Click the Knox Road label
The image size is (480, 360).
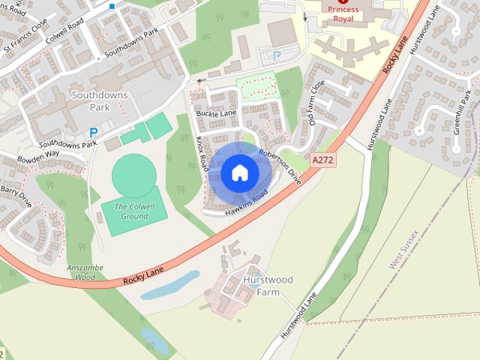click(x=201, y=154)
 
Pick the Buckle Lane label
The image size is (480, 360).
click(x=216, y=113)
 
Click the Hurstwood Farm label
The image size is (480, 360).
click(x=268, y=286)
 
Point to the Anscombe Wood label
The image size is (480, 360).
click(x=85, y=272)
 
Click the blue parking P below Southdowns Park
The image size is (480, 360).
click(x=94, y=133)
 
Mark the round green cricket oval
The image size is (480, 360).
click(x=135, y=175)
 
